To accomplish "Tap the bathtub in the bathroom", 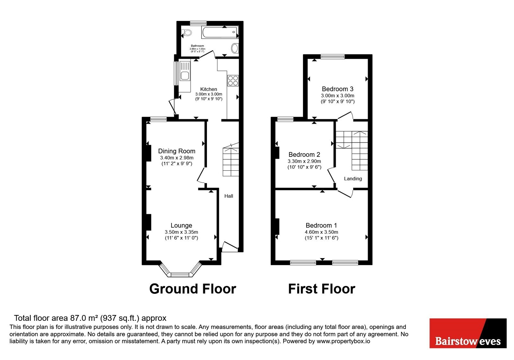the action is [x=220, y=32].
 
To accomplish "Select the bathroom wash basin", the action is [x=235, y=48].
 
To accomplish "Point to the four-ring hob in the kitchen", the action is [x=233, y=81].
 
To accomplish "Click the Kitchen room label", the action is [x=208, y=89].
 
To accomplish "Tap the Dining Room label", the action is [x=177, y=151].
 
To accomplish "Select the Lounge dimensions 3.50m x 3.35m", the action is [x=181, y=232].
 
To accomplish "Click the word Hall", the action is [x=229, y=196].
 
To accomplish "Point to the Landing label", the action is [x=353, y=179].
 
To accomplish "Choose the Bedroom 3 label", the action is [x=338, y=89].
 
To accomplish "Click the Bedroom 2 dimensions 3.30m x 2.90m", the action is [x=304, y=161].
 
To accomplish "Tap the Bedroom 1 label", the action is [x=321, y=225].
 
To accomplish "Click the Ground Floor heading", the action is [x=193, y=289].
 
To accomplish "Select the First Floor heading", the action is [x=322, y=289].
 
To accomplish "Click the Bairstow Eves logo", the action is [x=468, y=333].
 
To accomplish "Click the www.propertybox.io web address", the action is [x=343, y=341].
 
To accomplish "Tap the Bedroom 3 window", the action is [x=333, y=57].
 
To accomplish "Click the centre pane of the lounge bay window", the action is [x=180, y=274].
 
